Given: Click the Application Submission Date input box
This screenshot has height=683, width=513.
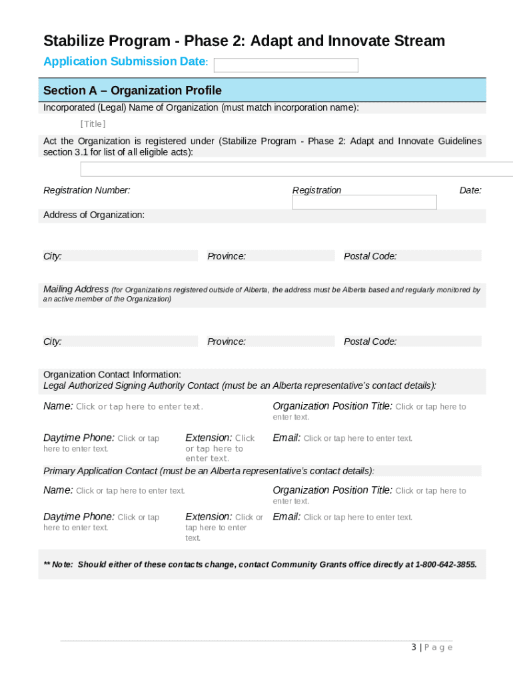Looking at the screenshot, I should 285,65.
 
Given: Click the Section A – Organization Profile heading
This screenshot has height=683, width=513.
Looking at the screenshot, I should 132,90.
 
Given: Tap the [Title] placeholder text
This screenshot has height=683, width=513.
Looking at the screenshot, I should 93,124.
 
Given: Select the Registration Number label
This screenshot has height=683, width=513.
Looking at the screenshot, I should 87,190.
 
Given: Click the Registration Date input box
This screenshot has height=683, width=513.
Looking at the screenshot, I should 364,202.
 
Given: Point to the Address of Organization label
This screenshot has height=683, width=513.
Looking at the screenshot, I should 94,215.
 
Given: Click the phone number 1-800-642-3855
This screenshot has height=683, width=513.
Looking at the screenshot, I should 446,564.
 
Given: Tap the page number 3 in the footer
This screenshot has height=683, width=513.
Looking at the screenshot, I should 414,647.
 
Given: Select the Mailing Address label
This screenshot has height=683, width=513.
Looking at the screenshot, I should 76,289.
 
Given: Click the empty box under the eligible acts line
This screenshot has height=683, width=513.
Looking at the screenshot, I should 296,169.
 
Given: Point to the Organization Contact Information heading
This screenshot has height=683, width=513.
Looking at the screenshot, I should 112,374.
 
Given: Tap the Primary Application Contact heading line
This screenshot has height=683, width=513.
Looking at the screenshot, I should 209,470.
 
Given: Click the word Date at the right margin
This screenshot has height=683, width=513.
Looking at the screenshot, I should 470,190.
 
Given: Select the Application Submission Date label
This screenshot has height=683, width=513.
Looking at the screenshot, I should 125,61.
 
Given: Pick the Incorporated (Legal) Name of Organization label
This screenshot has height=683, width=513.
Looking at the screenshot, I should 201,107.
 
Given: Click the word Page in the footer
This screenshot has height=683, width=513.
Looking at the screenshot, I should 439,647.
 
